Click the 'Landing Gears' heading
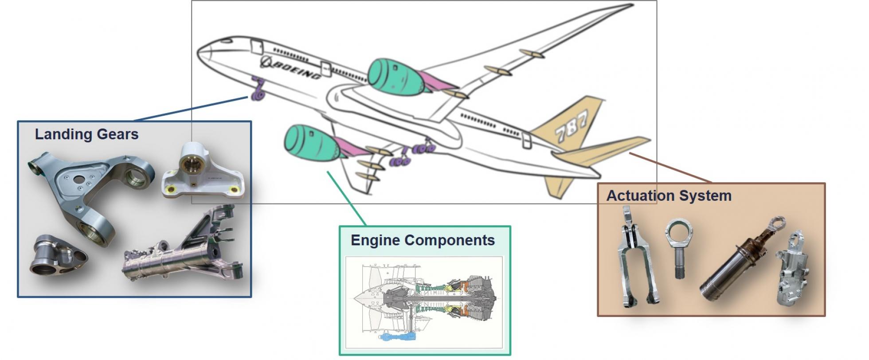pyautogui.click(x=87, y=134)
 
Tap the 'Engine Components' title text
pyautogui.click(x=423, y=240)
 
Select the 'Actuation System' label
pyautogui.click(x=669, y=196)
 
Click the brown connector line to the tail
pyautogui.click(x=670, y=168)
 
